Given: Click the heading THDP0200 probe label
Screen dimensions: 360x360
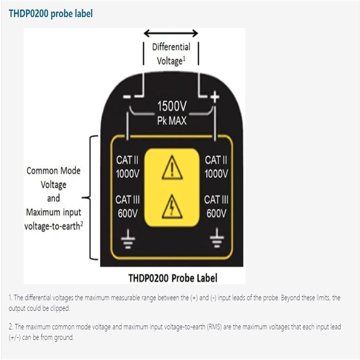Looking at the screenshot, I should (51, 13).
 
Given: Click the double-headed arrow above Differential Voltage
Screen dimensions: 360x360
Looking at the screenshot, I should (171, 33).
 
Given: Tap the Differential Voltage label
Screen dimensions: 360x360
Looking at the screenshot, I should (171, 54).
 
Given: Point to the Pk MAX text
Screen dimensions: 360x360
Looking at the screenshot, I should (171, 120).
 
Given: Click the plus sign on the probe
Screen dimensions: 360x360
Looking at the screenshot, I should (215, 97).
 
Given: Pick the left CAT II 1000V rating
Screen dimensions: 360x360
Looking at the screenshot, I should (128, 167).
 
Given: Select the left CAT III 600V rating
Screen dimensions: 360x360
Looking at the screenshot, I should (128, 206).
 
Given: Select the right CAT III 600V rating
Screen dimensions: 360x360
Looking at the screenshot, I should (216, 206).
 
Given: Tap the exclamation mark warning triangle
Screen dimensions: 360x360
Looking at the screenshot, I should (171, 168).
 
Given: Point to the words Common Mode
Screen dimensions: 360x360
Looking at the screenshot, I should (53, 170).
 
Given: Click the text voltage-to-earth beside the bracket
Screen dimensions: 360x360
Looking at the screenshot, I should (51, 226).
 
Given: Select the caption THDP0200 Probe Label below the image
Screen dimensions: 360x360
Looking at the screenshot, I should (173, 278).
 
